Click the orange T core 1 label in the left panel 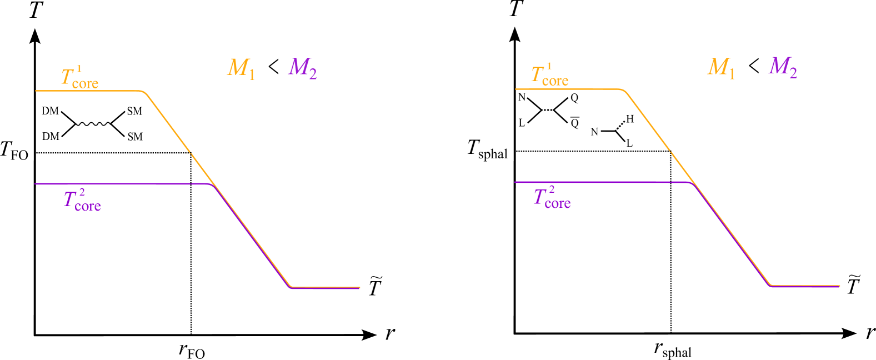click(x=79, y=78)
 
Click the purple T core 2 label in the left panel click(x=82, y=201)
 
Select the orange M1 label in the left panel click(x=241, y=68)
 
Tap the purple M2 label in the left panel click(x=303, y=68)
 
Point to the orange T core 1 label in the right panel click(x=549, y=76)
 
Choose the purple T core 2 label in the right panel click(x=552, y=198)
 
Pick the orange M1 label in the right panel click(x=721, y=68)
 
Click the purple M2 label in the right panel click(x=783, y=67)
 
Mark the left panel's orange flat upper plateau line click(x=89, y=91)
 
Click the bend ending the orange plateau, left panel click(x=143, y=92)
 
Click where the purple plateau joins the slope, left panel click(x=212, y=185)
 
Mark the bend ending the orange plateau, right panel click(x=623, y=91)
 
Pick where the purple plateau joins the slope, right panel click(x=692, y=183)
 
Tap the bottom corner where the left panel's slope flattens click(x=291, y=287)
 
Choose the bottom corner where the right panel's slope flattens click(x=770, y=285)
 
